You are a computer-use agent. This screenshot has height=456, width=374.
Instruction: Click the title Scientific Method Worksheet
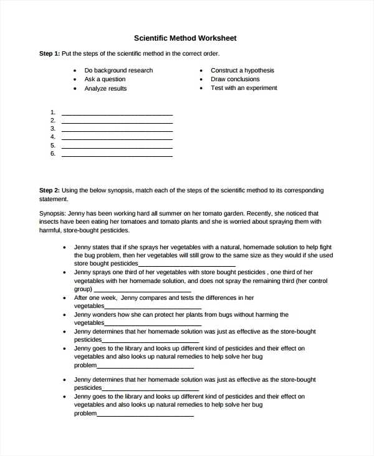tap(185, 38)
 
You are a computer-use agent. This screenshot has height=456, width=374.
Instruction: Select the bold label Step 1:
tap(49, 54)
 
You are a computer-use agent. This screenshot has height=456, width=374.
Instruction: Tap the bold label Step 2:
tap(49, 191)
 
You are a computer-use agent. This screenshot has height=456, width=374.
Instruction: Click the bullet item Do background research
tap(118, 71)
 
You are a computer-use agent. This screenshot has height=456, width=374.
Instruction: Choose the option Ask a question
tap(105, 79)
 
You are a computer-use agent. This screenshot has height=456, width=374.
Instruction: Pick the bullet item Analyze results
tap(105, 89)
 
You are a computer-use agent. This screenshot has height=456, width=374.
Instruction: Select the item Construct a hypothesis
tap(242, 71)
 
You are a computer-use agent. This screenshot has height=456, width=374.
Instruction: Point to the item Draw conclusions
tap(235, 79)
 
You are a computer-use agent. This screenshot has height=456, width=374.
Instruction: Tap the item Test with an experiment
tap(244, 88)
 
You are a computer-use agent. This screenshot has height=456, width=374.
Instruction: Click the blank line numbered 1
tap(117, 114)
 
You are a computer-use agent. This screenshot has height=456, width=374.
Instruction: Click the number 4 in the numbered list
tap(53, 137)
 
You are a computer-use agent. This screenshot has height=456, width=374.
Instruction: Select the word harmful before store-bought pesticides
tap(50, 230)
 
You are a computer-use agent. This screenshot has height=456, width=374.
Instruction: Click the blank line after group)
tap(142, 290)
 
